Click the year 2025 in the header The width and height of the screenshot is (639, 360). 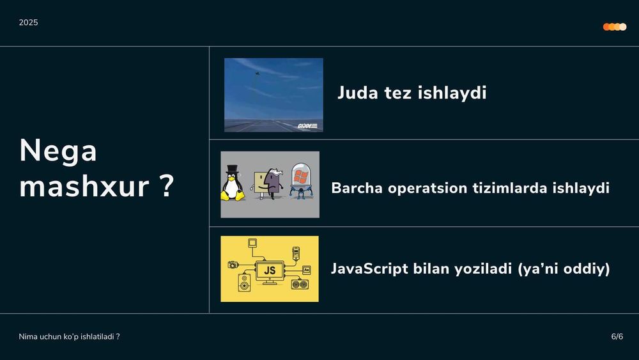point(28,22)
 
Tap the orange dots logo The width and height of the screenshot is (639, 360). point(614,27)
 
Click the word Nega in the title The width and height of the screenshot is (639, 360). point(58,151)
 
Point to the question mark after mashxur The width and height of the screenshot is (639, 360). point(166,186)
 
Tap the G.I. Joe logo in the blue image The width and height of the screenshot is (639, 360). point(307,125)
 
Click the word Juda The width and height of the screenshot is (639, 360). point(357,93)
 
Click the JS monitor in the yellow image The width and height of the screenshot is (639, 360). point(270,270)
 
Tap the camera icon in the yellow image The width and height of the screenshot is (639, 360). point(233,264)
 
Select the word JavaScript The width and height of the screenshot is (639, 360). point(369,269)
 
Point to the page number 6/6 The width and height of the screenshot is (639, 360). point(617,336)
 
